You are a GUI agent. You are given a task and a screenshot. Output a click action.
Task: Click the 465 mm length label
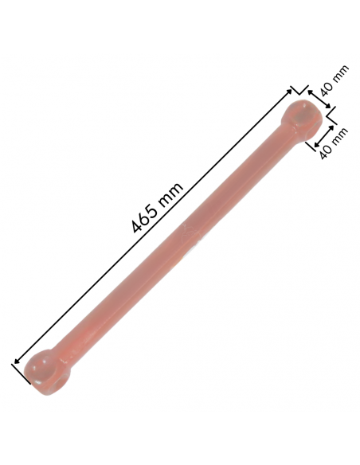pyautogui.click(x=158, y=208)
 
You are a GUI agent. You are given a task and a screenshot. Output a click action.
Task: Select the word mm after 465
pyautogui.click(x=172, y=193)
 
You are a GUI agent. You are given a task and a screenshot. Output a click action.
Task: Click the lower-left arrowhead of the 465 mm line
pyautogui.click(x=18, y=361)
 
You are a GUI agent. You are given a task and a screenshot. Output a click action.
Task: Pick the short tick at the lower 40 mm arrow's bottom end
pyautogui.click(x=312, y=149)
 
